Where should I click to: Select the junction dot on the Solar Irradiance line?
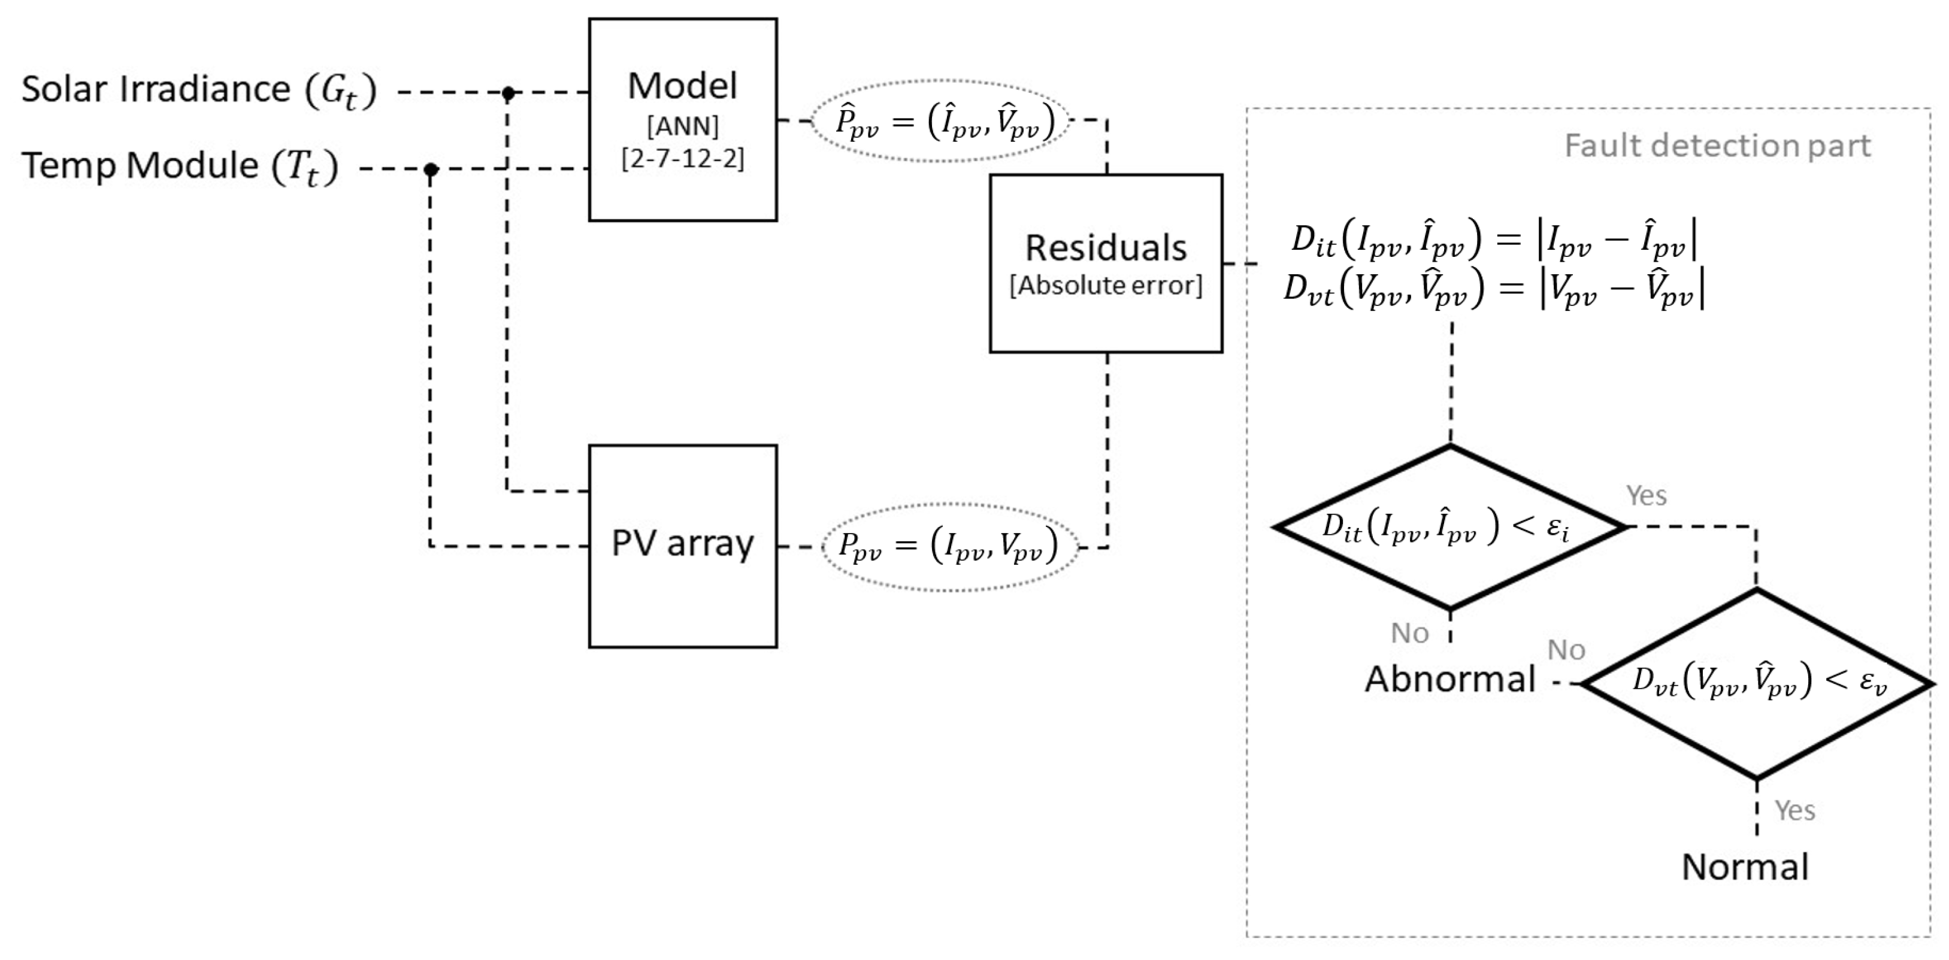click(509, 93)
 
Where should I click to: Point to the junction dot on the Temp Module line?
click(431, 169)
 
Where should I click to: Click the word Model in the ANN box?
click(682, 86)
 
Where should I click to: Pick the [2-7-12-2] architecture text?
click(682, 159)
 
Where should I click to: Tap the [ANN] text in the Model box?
click(682, 126)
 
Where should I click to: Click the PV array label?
click(682, 544)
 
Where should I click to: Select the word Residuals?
click(1106, 248)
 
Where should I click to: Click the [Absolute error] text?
click(1106, 285)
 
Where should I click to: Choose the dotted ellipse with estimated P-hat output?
click(940, 121)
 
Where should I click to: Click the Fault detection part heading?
click(1717, 146)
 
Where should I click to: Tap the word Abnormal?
click(1449, 679)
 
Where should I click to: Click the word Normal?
click(1745, 866)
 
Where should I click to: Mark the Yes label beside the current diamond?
click(1647, 495)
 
